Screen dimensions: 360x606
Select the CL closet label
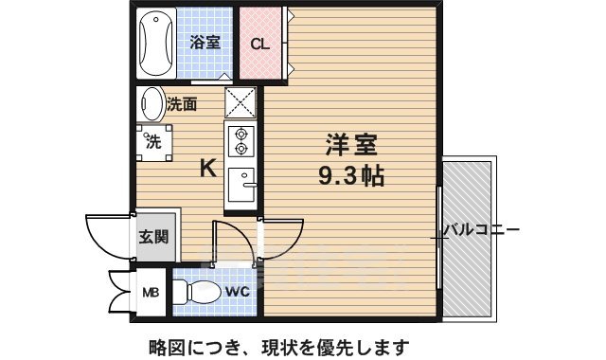click(x=259, y=43)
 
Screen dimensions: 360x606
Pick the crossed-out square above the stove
click(x=241, y=103)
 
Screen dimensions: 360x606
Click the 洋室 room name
click(x=352, y=146)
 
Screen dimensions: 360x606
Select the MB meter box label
click(x=151, y=292)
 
